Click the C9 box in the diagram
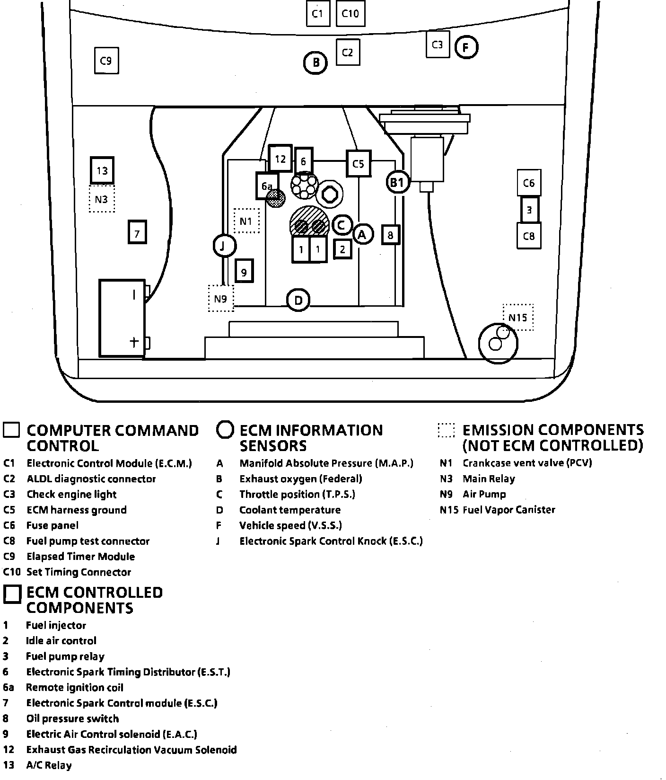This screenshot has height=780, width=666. point(106,61)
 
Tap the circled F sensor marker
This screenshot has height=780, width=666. point(466,47)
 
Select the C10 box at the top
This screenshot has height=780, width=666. point(350,14)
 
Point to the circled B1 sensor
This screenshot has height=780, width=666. point(397,182)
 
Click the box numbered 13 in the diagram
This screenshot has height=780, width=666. point(102,170)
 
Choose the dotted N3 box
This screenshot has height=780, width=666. point(102,199)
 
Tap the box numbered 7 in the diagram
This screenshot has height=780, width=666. point(137,233)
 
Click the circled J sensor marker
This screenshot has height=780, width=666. point(224,245)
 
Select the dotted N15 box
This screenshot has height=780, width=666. point(517,317)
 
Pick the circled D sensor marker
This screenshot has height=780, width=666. point(298,300)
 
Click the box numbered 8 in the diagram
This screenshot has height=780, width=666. point(390,235)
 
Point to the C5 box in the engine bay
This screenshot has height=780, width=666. point(358,164)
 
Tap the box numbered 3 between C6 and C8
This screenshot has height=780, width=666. point(529,209)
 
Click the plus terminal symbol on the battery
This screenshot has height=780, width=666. point(134,342)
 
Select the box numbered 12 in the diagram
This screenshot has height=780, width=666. point(280,159)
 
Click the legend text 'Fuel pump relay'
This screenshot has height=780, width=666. point(65,656)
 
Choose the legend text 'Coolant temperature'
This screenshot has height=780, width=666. point(289,510)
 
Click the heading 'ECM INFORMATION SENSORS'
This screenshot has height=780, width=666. point(311,438)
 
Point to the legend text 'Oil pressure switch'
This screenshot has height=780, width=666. point(72,719)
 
